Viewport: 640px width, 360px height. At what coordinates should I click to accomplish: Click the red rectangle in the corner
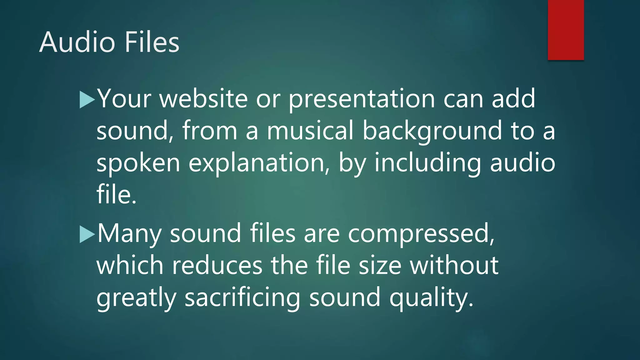point(566,30)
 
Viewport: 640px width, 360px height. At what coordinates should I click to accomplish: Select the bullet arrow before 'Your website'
point(87,100)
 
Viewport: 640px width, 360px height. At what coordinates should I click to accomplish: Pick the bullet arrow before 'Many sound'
point(87,234)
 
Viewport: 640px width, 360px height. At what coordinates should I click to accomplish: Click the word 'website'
point(204,99)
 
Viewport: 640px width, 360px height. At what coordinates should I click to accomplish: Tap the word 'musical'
point(310,131)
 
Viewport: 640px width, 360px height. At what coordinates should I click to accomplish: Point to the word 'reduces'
point(217,266)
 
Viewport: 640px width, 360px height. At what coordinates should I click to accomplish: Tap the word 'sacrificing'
point(242,297)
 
